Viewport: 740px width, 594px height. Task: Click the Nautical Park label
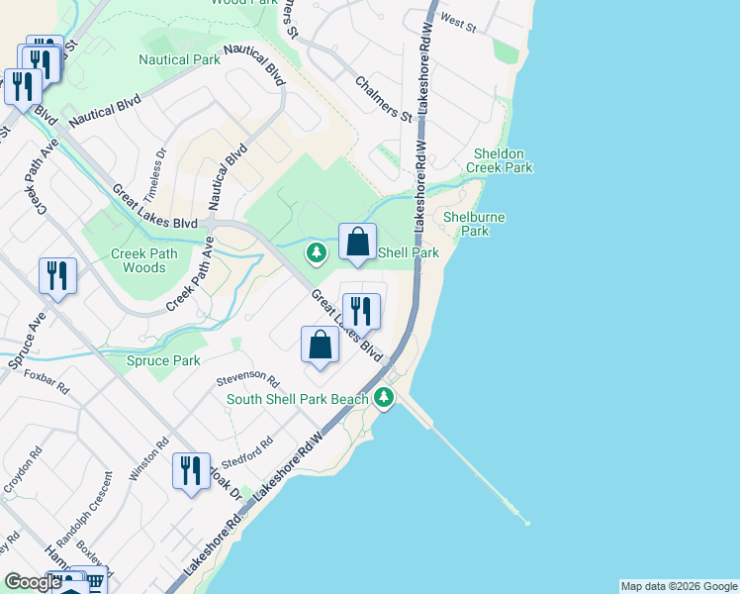179,59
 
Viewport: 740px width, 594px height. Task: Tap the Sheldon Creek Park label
503,160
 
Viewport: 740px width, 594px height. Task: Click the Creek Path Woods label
139,260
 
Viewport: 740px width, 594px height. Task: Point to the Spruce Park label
163,361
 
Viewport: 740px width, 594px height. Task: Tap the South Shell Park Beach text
297,400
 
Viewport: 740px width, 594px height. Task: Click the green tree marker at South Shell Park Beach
384,399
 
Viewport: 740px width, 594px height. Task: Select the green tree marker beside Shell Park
317,252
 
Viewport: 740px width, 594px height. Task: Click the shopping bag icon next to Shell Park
357,242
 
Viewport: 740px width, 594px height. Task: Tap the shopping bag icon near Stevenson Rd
320,345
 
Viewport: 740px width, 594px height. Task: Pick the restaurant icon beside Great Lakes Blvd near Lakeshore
361,311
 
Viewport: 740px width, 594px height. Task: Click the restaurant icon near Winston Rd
191,470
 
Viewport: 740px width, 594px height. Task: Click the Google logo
33,582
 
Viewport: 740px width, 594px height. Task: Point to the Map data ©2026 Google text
678,586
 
